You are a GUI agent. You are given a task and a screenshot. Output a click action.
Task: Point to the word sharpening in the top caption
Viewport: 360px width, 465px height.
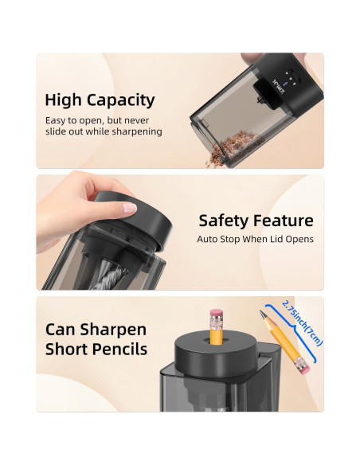tap(135, 131)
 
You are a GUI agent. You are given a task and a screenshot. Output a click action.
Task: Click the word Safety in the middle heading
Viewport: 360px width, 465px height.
tap(227, 221)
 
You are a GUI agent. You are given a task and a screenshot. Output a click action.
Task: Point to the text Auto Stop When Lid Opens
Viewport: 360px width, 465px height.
tap(255, 239)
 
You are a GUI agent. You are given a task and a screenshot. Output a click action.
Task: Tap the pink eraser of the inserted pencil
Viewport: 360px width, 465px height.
tap(216, 315)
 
